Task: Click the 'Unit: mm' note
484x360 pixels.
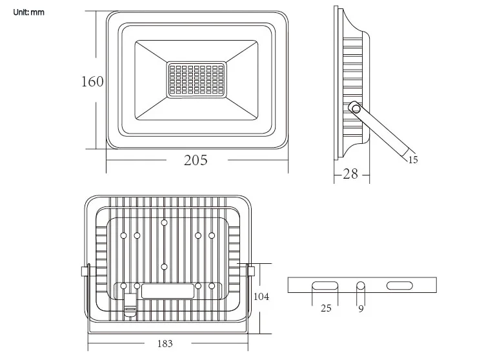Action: (29, 13)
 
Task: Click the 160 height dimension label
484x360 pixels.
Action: (92, 82)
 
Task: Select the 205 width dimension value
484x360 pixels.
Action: (196, 161)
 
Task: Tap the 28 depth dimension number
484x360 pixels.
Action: (350, 174)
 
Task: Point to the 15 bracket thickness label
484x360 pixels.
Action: (413, 160)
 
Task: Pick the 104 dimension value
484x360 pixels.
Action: (261, 297)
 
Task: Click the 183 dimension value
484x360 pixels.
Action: (165, 343)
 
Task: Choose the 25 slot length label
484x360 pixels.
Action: (326, 308)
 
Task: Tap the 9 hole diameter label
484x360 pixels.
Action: (361, 308)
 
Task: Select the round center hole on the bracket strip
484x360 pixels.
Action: (361, 285)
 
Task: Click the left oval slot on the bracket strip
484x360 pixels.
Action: (325, 285)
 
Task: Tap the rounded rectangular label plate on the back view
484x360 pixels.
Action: (168, 290)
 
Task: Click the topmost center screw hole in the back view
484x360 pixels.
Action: (165, 222)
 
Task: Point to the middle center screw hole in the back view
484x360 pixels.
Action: (165, 266)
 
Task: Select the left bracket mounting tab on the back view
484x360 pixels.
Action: (84, 271)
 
